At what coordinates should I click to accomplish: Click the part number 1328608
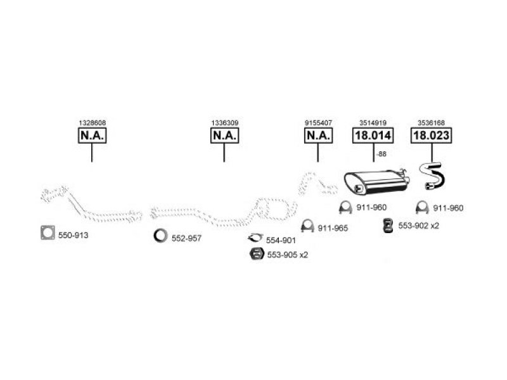coord(92,123)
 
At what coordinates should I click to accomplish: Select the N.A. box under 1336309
coord(225,136)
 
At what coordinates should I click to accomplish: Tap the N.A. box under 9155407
coord(319,136)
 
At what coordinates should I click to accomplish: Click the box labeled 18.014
coord(373,136)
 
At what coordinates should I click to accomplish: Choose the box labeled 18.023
coord(432,136)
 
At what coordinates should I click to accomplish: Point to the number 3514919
coord(373,123)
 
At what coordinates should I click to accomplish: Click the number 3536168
coord(431,123)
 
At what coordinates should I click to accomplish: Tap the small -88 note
coord(382,154)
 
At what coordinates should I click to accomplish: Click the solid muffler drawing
coord(376,182)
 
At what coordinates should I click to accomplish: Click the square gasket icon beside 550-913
coord(48,232)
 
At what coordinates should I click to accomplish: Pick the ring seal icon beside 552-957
coord(161,236)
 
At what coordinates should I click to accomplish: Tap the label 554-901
coord(281,241)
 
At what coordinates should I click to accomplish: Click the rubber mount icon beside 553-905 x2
coord(257,254)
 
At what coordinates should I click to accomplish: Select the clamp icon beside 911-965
coord(307,225)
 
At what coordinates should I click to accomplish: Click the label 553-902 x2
coord(418,226)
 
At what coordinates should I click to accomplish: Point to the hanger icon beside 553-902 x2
coord(387,225)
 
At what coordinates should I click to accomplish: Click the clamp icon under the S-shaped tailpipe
coord(422,207)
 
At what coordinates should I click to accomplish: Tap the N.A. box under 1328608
coord(92,136)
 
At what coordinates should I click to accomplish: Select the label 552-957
coord(186,239)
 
